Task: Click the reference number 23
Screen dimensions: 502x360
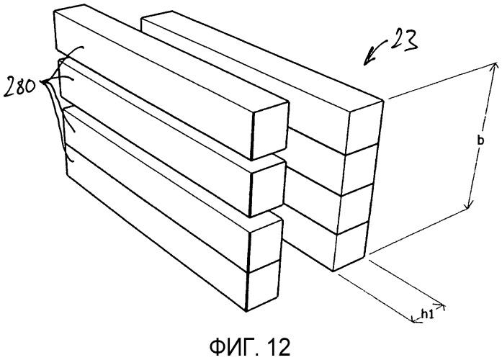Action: (404, 40)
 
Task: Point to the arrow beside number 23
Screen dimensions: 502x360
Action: (377, 51)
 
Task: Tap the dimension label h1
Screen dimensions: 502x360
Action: (427, 315)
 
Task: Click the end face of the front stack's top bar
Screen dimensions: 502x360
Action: (272, 131)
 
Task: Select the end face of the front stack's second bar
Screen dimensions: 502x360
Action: (267, 189)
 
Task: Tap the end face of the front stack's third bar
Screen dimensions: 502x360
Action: (265, 244)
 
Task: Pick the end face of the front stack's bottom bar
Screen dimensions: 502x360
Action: (263, 287)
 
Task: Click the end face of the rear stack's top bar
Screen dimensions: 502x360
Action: (365, 128)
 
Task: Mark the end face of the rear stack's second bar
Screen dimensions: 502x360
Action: (359, 170)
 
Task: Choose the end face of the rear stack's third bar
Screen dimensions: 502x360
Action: (354, 209)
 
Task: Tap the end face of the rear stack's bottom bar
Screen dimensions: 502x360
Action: (350, 246)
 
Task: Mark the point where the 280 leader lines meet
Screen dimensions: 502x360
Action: (46, 83)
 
